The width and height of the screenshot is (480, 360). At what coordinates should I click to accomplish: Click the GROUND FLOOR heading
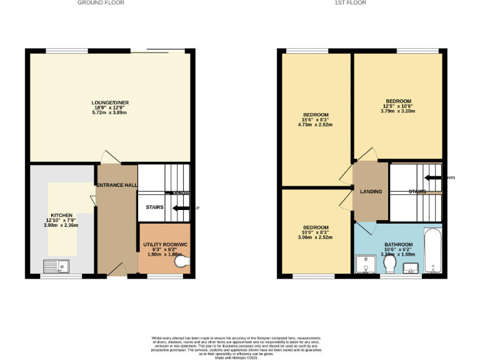pyautogui.click(x=101, y=3)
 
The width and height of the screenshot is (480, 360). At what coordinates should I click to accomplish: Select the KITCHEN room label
pyautogui.click(x=62, y=215)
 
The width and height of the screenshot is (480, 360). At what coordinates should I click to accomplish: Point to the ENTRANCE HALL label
pyautogui.click(x=116, y=185)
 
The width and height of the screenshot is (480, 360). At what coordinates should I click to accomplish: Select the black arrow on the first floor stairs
pyautogui.click(x=434, y=177)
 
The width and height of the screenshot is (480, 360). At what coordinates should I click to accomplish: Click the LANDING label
pyautogui.click(x=371, y=191)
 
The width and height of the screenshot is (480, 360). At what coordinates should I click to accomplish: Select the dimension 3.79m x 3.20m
pyautogui.click(x=398, y=111)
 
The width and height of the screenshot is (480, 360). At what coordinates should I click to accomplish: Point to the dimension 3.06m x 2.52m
pyautogui.click(x=316, y=237)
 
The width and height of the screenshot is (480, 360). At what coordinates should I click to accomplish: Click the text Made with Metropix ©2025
pyautogui.click(x=240, y=357)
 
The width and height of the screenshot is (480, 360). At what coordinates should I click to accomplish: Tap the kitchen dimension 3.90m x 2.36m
pyautogui.click(x=62, y=225)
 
